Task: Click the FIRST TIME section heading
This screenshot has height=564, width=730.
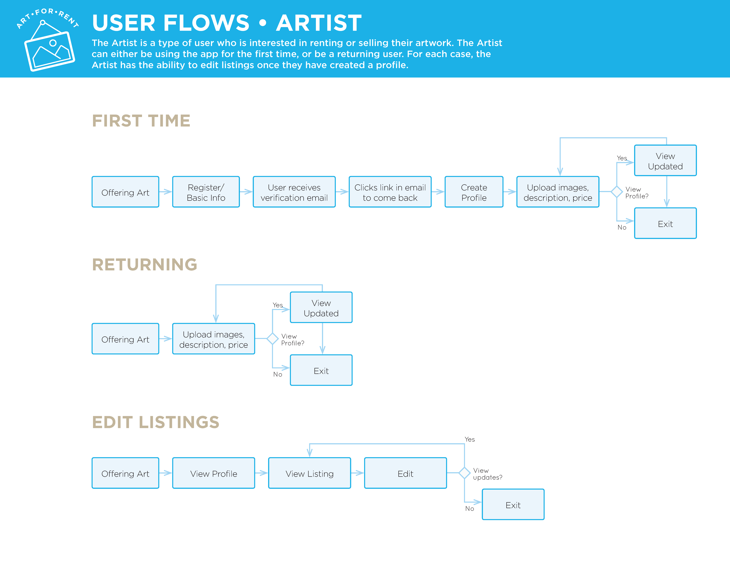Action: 141,121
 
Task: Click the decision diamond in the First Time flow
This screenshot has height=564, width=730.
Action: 617,192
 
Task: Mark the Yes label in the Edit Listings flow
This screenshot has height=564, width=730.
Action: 470,439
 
